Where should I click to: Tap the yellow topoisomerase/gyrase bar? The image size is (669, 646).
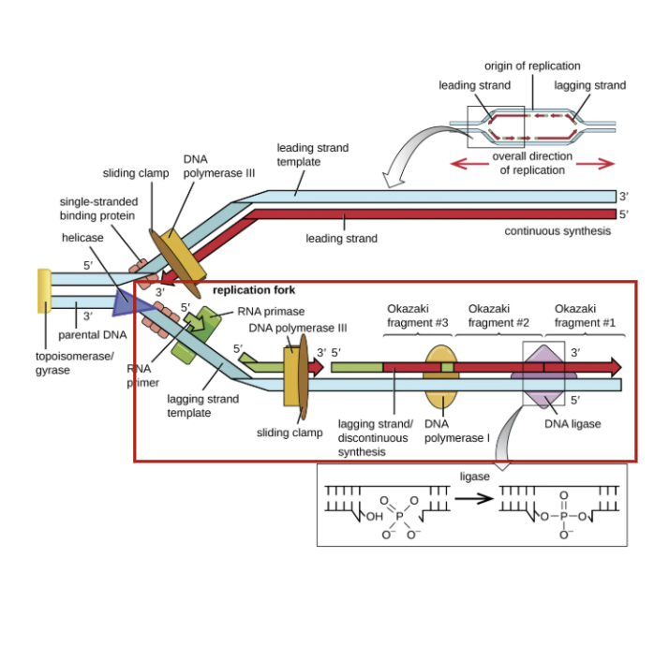click(x=43, y=290)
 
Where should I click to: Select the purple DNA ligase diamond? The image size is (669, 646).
click(x=543, y=375)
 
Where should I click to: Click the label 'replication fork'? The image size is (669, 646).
click(x=254, y=290)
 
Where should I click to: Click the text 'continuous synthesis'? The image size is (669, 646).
click(x=557, y=231)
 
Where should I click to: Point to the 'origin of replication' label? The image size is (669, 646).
click(x=532, y=66)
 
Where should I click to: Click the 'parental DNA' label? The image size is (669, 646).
click(x=93, y=335)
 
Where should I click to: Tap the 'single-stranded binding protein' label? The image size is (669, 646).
click(x=98, y=209)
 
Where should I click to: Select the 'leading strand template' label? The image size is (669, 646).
click(x=312, y=154)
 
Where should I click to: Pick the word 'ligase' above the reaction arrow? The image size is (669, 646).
click(x=475, y=477)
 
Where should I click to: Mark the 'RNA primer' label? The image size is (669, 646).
click(x=143, y=375)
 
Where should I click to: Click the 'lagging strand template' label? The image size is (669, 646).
click(x=202, y=405)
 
